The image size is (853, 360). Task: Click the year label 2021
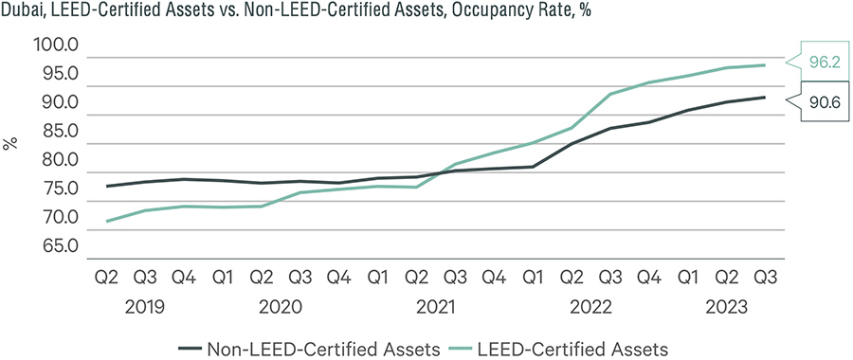coord(436,308)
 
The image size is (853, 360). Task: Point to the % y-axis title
coord(11,144)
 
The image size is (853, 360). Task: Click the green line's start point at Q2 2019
coord(106,221)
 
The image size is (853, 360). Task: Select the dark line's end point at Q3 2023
coord(766,98)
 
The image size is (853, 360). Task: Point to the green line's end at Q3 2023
coord(766,65)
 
